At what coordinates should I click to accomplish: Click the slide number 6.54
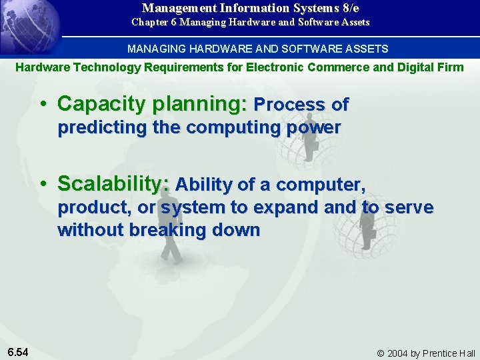pyautogui.click(x=18, y=351)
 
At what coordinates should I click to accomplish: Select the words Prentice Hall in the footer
pyautogui.click(x=453, y=353)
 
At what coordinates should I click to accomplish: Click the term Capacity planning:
pyautogui.click(x=153, y=104)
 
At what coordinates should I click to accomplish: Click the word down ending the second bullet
pyautogui.click(x=237, y=230)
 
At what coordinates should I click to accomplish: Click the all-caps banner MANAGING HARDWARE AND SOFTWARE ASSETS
pyautogui.click(x=257, y=49)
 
